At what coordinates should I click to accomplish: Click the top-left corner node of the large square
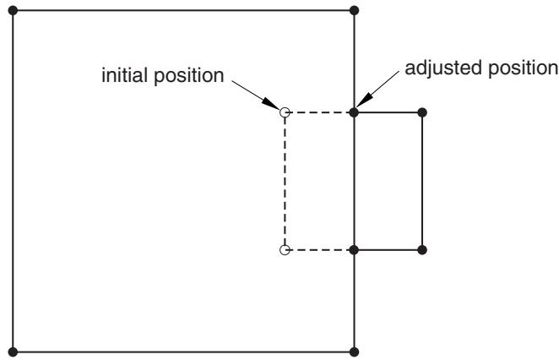(13, 11)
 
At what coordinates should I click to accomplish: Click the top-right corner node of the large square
(354, 11)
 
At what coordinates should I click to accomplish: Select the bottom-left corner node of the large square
(13, 352)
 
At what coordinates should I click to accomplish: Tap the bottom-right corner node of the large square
(354, 352)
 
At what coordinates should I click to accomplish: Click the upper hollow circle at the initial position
(285, 112)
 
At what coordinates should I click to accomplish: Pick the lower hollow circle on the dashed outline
(285, 250)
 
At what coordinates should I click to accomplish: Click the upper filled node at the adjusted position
(354, 112)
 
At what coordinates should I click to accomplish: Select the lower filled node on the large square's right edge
(354, 250)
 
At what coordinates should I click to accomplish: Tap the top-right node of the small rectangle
(422, 112)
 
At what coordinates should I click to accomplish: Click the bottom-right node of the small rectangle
(422, 250)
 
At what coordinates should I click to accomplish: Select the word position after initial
(188, 76)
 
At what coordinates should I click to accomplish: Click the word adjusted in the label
(443, 68)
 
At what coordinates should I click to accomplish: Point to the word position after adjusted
(523, 68)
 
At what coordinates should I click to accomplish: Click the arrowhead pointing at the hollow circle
(272, 103)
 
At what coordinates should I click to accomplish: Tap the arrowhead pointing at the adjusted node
(364, 99)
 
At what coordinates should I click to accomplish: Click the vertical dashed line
(285, 181)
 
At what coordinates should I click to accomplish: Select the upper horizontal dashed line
(319, 112)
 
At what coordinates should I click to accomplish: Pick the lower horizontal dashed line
(319, 250)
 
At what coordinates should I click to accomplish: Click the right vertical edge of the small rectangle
(422, 181)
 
